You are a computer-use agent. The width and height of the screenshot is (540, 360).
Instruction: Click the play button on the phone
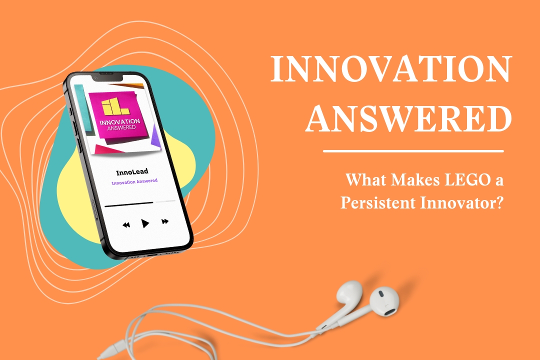145,223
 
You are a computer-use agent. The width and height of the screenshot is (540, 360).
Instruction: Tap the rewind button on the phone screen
126,225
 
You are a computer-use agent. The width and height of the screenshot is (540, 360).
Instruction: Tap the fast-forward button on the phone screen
165,221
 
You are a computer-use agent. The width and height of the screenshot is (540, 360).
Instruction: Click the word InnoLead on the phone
132,172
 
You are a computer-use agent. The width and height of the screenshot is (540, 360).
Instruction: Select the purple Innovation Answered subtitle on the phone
134,181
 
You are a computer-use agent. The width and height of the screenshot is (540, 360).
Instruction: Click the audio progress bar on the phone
140,203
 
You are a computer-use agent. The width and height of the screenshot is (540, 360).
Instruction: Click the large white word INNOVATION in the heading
391,68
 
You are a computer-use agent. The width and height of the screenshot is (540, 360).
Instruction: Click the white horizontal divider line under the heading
413,151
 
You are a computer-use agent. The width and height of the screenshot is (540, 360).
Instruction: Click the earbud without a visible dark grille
349,294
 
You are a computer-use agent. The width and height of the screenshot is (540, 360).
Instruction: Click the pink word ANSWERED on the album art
121,128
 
